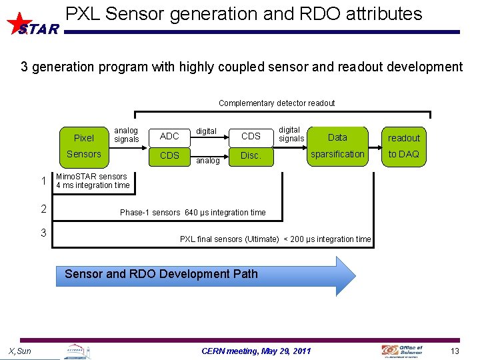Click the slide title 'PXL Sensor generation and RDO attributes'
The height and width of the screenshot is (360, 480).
244,14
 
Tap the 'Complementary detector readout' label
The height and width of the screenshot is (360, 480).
277,103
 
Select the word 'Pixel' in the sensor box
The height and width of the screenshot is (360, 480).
84,138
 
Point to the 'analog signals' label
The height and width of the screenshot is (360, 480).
126,135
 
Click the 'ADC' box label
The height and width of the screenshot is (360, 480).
170,136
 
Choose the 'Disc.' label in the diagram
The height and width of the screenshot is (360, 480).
251,155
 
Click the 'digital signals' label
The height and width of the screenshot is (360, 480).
291,134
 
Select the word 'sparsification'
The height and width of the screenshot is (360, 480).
338,154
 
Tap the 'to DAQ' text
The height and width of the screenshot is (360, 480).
404,154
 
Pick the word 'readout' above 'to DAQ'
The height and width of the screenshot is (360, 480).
404,138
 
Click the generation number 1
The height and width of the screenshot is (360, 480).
43,181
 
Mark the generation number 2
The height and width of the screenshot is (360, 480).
43,209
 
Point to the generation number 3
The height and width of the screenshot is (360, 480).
43,233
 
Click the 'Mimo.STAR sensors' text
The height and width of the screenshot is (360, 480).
91,177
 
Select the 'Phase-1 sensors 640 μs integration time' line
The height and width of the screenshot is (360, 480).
193,213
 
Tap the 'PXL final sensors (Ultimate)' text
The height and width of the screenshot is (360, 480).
229,239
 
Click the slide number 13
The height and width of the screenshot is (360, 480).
455,351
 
